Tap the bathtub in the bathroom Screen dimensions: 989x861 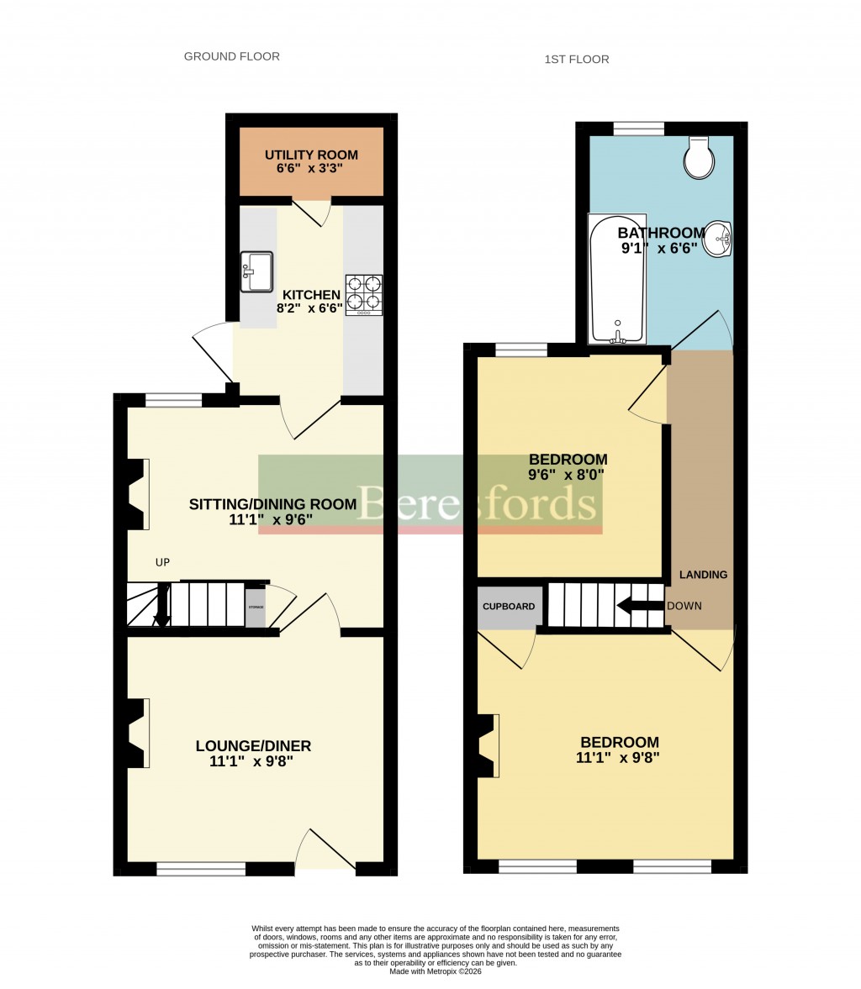[x=616, y=279]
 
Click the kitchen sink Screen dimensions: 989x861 [x=257, y=271]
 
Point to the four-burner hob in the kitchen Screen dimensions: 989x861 [x=363, y=295]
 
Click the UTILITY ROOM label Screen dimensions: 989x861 [x=311, y=155]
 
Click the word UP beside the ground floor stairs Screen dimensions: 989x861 [x=162, y=562]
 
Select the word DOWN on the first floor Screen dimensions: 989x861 [x=684, y=606]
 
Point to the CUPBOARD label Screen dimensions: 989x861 [x=509, y=607]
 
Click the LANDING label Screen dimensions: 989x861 [x=703, y=575]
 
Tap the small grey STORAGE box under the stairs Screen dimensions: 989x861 [x=255, y=607]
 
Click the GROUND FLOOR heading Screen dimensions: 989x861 [x=231, y=57]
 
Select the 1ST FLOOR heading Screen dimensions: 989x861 [x=576, y=60]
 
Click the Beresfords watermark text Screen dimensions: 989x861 [x=478, y=503]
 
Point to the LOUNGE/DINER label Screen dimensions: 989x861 [x=253, y=745]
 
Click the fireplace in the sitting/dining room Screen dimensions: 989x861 [x=137, y=495]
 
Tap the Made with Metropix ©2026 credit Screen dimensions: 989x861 [x=436, y=971]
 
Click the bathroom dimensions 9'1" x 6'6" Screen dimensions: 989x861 [x=660, y=249]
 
